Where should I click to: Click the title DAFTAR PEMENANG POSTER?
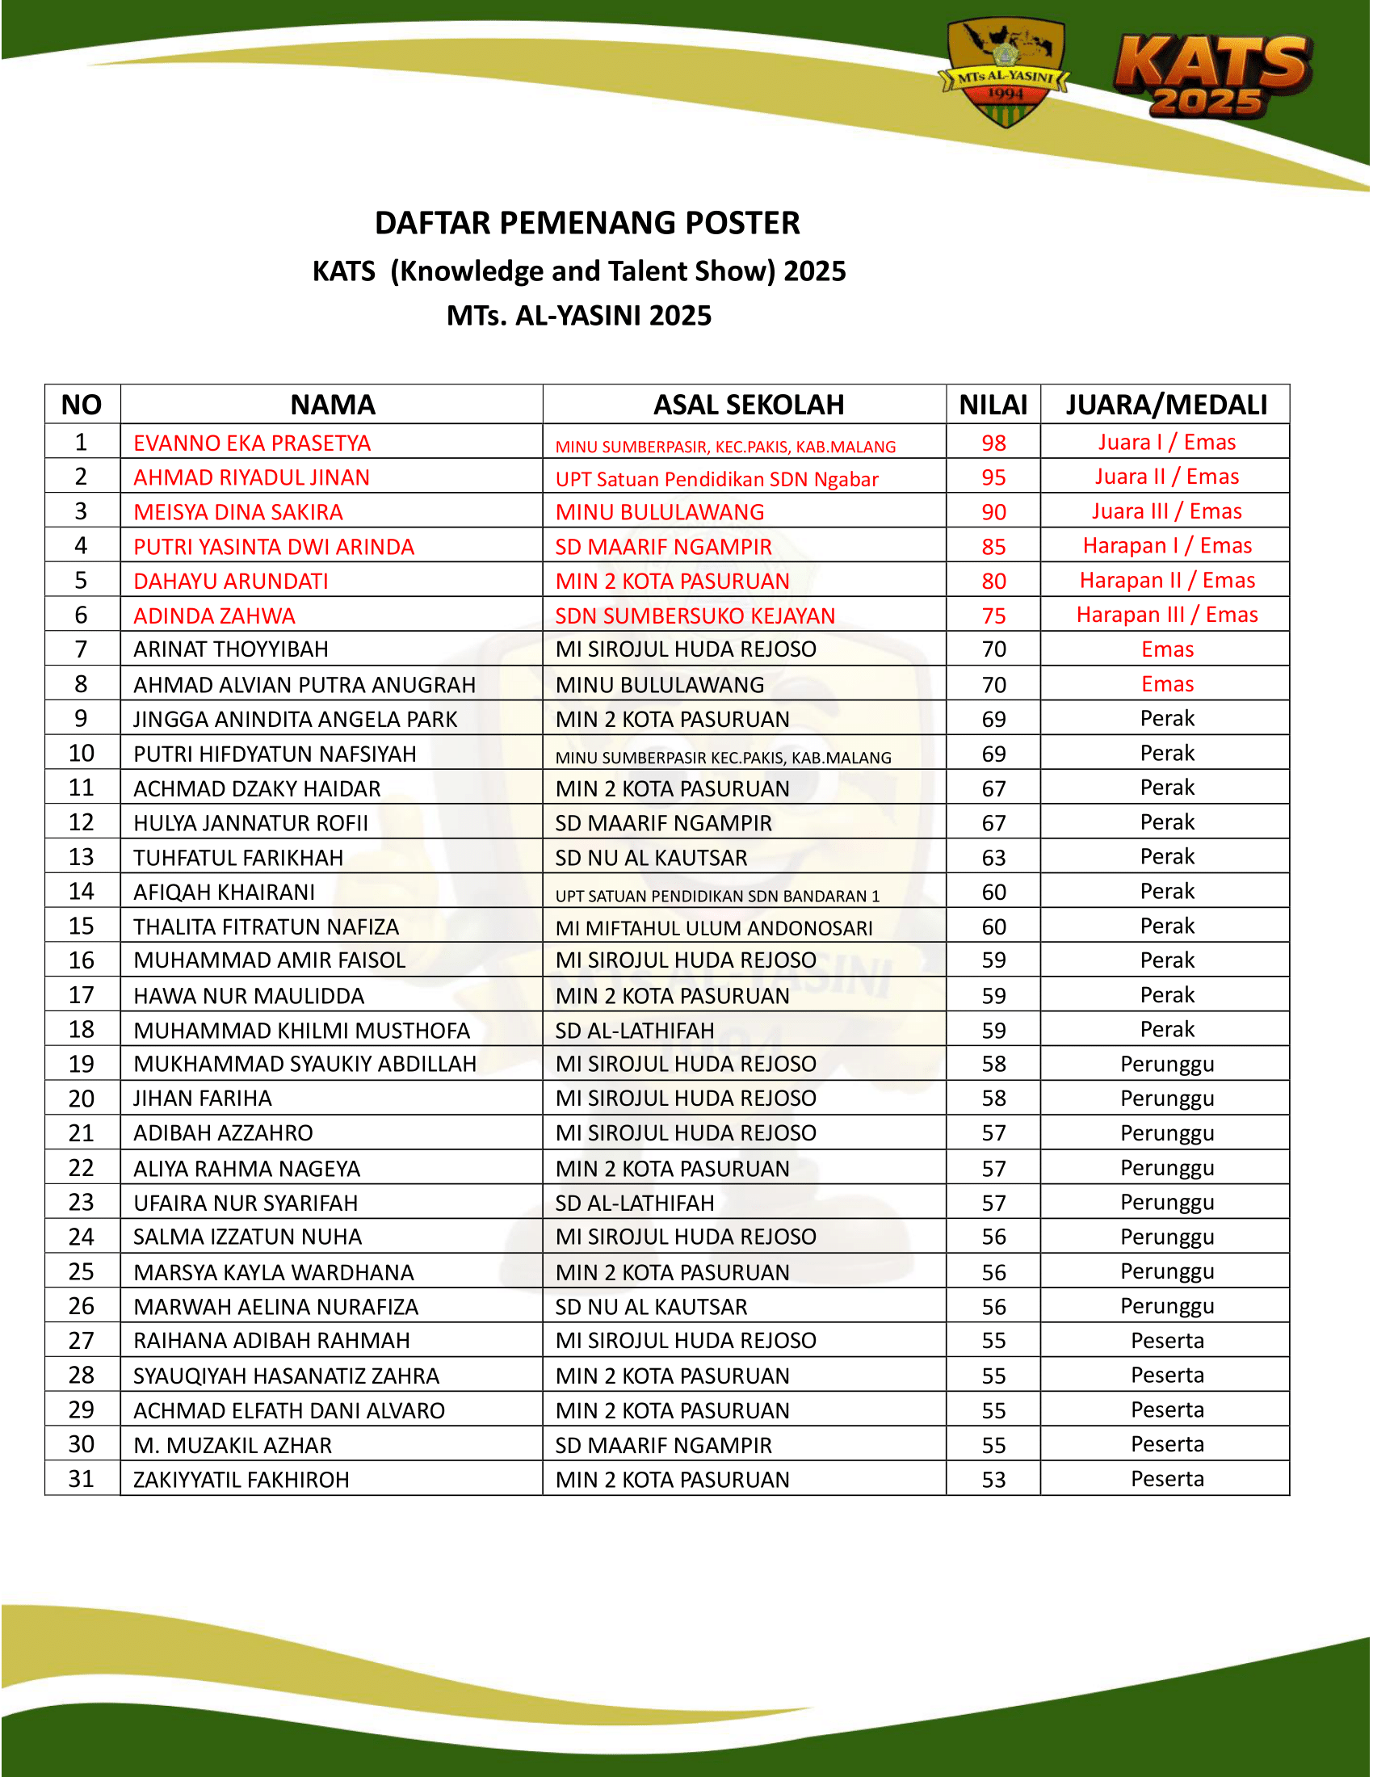587,223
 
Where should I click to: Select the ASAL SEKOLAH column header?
749,405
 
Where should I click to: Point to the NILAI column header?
993,405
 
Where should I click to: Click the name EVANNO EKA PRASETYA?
252,443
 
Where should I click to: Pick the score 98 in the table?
993,443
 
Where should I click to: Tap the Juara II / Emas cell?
1166,477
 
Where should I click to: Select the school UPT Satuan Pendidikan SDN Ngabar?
716,479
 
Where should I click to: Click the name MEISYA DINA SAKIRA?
238,513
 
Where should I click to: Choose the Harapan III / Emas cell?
1166,615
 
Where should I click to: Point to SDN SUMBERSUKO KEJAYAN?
695,616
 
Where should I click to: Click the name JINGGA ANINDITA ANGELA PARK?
296,720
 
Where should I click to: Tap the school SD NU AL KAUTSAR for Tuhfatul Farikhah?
651,859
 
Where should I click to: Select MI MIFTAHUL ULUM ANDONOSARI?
713,928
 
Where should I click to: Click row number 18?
82,1030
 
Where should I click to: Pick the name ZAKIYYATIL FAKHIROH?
241,1480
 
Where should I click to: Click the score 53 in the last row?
993,1480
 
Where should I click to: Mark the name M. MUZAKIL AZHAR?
233,1446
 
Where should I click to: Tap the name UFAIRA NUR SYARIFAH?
246,1204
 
